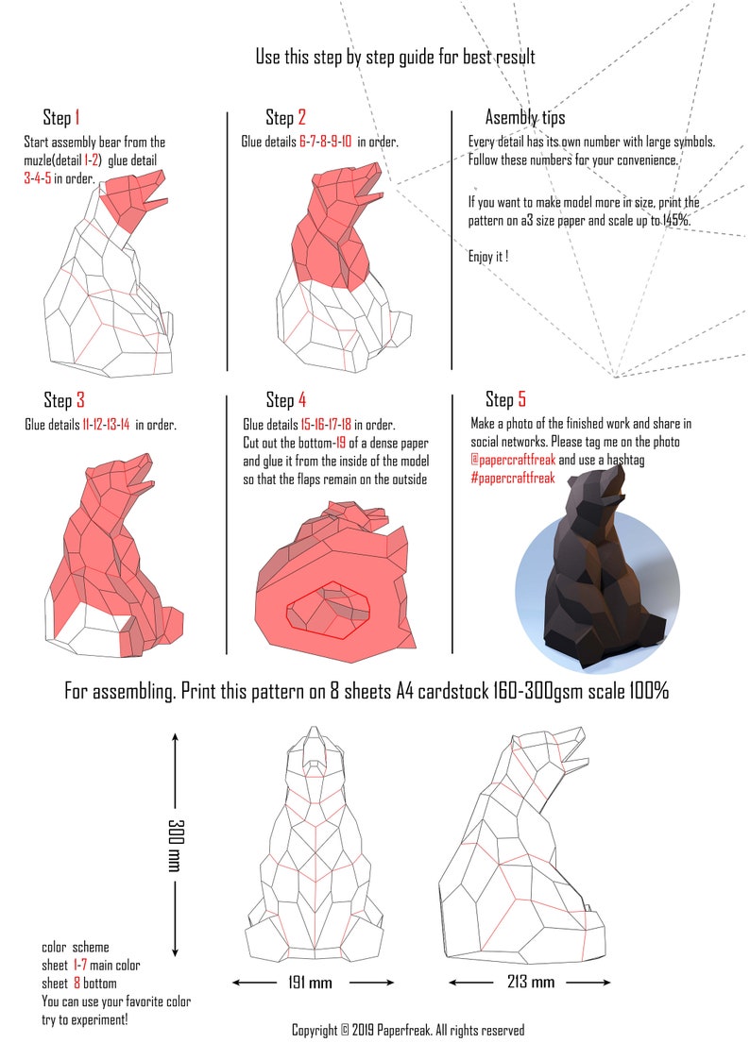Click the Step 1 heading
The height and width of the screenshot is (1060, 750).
click(x=61, y=118)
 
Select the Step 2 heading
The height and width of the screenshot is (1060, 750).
click(x=285, y=118)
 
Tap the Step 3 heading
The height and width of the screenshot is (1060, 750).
click(x=64, y=400)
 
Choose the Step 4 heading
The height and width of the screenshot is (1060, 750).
click(x=285, y=400)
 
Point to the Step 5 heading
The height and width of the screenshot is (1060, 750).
click(x=505, y=399)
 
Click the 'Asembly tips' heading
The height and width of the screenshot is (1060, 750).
click(x=525, y=118)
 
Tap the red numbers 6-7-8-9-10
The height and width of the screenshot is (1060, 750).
click(x=326, y=143)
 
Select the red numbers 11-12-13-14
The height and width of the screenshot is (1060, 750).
click(x=107, y=425)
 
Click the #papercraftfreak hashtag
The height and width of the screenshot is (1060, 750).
click(x=513, y=479)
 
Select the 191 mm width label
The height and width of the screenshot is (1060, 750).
click(x=310, y=983)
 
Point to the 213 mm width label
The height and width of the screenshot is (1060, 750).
click(x=530, y=983)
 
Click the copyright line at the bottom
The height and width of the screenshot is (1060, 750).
click(x=407, y=1031)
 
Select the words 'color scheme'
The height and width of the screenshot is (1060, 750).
click(x=76, y=947)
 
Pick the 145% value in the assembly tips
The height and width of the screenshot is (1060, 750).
click(x=673, y=220)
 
